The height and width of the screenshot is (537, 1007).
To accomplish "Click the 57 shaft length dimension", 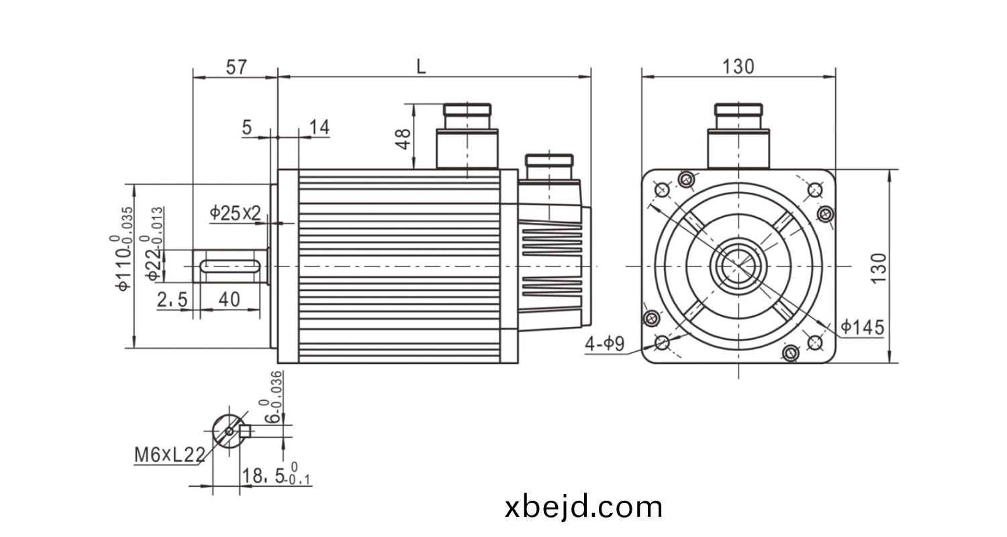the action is [x=236, y=67].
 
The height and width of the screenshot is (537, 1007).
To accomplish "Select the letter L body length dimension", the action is [x=421, y=67].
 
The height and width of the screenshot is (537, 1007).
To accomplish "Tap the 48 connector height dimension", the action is [x=403, y=139].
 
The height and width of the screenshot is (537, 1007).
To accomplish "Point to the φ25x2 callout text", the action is [x=235, y=213].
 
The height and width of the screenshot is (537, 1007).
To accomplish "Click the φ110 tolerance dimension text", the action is [x=122, y=248].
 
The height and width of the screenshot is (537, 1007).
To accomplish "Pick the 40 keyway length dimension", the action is [x=230, y=299].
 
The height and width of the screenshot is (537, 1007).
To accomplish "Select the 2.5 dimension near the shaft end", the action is [x=172, y=300].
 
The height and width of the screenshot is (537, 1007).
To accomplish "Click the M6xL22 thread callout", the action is [x=170, y=456].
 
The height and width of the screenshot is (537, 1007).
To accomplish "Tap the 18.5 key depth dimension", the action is [x=276, y=475].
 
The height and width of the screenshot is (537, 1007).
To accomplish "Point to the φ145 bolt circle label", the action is [x=862, y=328].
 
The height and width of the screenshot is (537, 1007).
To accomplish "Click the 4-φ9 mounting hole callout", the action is [x=605, y=344].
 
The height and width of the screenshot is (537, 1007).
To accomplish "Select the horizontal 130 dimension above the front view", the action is [x=738, y=67].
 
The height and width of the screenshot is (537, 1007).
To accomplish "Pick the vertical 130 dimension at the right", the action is [x=878, y=268].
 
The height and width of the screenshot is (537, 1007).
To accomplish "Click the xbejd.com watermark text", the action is [x=583, y=507].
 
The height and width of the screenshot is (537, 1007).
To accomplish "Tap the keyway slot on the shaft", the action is [x=230, y=266].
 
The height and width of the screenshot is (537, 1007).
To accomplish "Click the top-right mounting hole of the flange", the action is [x=814, y=190].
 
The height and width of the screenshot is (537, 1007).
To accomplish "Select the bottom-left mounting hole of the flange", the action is [x=662, y=343].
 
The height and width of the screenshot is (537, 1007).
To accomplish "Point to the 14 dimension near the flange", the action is [x=320, y=127].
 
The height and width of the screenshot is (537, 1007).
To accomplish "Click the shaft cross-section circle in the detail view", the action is [x=229, y=432].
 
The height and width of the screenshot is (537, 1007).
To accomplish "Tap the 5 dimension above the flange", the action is [x=247, y=128].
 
